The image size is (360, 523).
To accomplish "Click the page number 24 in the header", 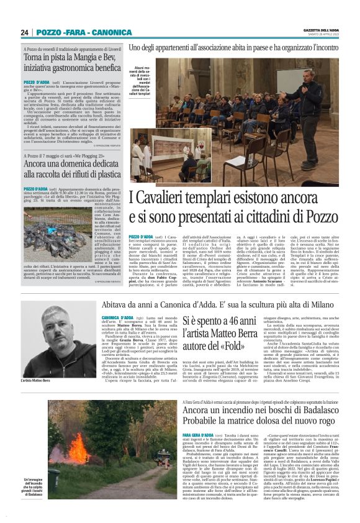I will [24, 32].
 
